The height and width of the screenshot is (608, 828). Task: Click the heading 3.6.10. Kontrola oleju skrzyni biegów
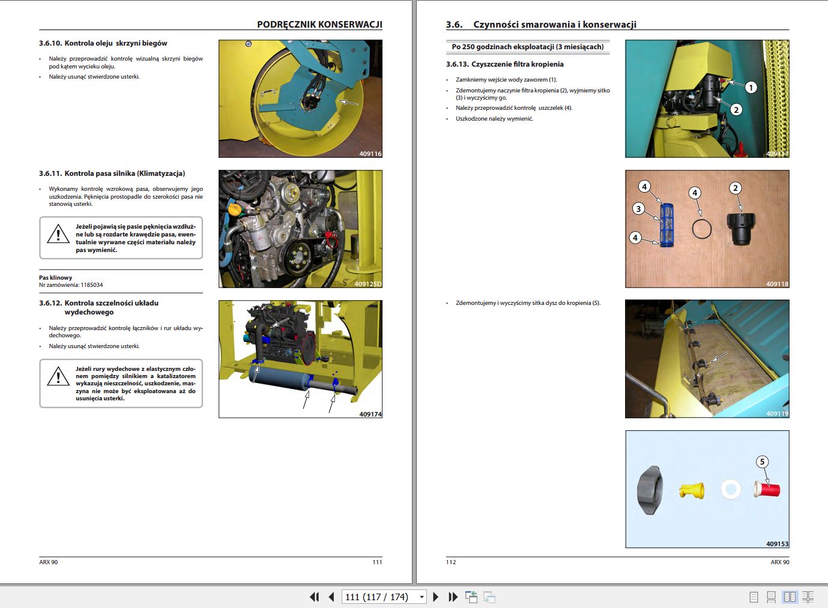pyautogui.click(x=103, y=43)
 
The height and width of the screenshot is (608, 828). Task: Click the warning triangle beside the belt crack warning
pyautogui.click(x=58, y=233)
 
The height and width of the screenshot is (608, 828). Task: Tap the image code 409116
pyautogui.click(x=370, y=154)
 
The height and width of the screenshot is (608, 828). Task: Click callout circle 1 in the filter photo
pyautogui.click(x=751, y=88)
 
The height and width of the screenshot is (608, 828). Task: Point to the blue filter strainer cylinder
pyautogui.click(x=666, y=225)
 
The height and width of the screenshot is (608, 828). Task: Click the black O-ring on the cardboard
pyautogui.click(x=701, y=229)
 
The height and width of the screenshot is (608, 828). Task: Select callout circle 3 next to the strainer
pyautogui.click(x=639, y=209)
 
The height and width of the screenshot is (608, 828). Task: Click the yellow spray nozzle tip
pyautogui.click(x=691, y=490)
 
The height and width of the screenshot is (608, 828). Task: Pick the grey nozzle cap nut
pyautogui.click(x=650, y=490)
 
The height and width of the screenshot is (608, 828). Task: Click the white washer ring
pyautogui.click(x=730, y=489)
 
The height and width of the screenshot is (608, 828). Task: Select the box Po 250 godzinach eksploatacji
pyautogui.click(x=527, y=47)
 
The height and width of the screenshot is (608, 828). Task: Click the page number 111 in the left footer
pyautogui.click(x=377, y=562)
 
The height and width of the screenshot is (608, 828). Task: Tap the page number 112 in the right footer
pyautogui.click(x=451, y=562)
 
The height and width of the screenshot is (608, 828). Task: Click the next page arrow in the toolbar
pyautogui.click(x=436, y=597)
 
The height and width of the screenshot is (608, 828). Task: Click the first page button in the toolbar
pyautogui.click(x=313, y=597)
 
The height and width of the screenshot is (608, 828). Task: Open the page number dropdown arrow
pyautogui.click(x=422, y=597)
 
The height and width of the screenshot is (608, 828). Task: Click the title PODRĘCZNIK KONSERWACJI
pyautogui.click(x=319, y=25)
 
